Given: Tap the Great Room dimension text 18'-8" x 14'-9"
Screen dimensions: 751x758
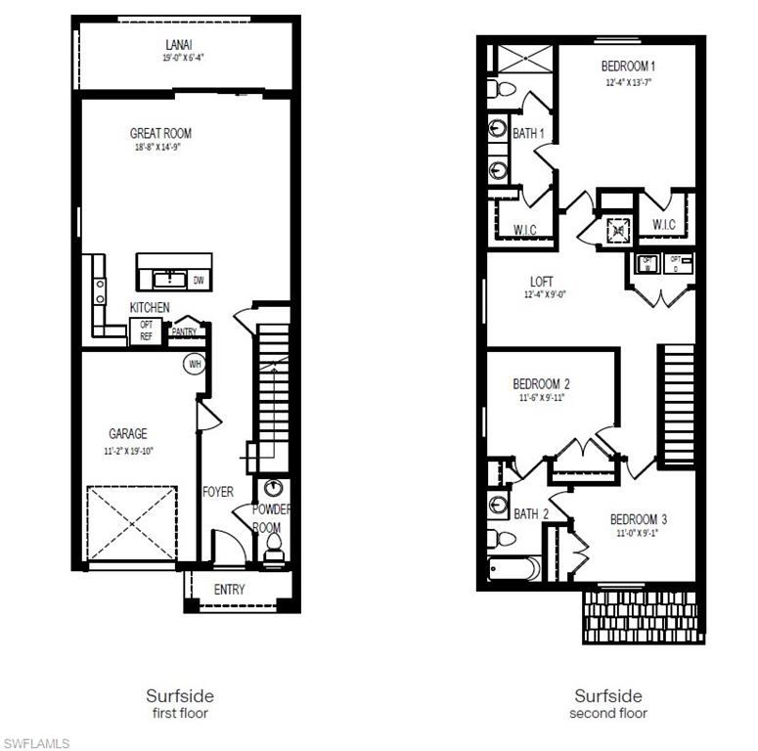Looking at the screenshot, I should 158,148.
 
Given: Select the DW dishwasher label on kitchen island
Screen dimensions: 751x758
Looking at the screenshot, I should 199,282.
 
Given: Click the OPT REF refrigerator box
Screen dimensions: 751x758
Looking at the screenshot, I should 147,331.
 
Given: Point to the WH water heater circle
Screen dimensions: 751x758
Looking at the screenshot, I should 195,365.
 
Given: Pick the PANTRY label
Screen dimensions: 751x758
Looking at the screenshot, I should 184,331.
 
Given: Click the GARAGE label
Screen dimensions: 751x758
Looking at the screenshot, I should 128,433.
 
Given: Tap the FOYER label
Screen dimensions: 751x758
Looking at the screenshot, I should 217,492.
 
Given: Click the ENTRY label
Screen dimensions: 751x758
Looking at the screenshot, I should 230,590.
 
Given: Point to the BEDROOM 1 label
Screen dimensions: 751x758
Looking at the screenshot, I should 628,66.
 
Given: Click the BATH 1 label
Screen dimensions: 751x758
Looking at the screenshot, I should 529,134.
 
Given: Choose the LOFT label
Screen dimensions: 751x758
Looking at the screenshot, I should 541,282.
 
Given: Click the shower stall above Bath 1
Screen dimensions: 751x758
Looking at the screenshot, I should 526,59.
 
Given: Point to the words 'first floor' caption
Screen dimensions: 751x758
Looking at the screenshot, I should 180,714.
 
